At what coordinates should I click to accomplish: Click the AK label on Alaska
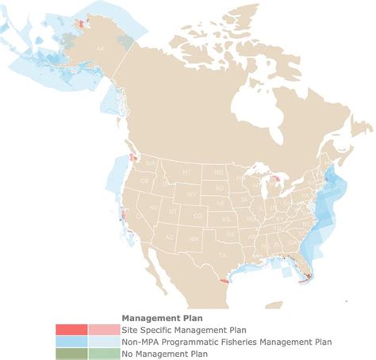pyautogui.click(x=100, y=48)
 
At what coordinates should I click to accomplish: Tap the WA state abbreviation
pyautogui.click(x=150, y=163)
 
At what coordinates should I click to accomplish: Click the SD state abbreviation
pyautogui.click(x=218, y=188)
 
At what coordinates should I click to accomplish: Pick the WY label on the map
pyautogui.click(x=191, y=193)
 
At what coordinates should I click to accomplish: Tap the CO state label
pyautogui.click(x=198, y=216)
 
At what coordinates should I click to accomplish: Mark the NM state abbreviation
pyautogui.click(x=193, y=237)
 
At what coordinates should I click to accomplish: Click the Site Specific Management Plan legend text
pyautogui.click(x=173, y=330)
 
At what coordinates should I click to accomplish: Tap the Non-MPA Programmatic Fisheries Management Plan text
pyautogui.click(x=225, y=342)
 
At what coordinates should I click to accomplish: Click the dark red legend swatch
pyautogui.click(x=71, y=330)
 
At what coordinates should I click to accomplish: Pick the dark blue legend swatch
pyautogui.click(x=71, y=342)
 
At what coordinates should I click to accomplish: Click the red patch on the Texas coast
pyautogui.click(x=224, y=278)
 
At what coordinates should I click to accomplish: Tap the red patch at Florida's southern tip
pyautogui.click(x=305, y=278)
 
